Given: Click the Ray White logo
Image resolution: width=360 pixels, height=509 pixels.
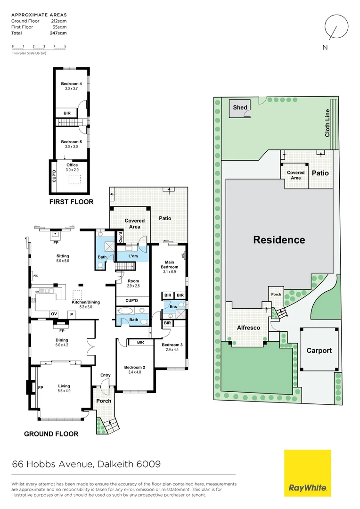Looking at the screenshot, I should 307,473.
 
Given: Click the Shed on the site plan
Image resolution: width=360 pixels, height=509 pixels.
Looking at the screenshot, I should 240,108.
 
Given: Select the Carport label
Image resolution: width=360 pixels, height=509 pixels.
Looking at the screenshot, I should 319,351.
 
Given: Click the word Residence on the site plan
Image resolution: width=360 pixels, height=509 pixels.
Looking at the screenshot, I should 279,240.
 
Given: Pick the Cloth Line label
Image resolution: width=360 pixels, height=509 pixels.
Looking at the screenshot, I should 327,123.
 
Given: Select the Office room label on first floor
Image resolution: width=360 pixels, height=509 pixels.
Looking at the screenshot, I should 72,165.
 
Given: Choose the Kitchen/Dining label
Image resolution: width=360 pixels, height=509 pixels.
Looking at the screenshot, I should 86,303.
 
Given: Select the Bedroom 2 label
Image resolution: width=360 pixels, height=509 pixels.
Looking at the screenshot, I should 134,367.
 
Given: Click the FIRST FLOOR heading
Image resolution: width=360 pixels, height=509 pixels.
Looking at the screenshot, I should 72,202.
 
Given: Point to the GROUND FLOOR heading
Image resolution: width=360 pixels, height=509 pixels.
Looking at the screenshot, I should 51,434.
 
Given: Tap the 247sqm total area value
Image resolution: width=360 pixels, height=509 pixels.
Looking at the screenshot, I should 59,33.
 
